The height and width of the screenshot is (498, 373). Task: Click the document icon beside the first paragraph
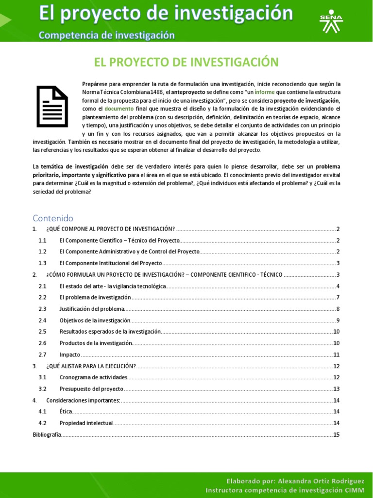point(52,107)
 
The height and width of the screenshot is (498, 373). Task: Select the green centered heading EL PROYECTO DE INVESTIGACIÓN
point(186,62)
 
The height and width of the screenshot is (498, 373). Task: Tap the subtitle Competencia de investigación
point(106,35)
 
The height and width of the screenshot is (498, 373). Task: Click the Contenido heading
point(52,218)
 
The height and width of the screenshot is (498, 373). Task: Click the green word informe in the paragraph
point(264,92)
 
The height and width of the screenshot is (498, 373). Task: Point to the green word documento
point(119,108)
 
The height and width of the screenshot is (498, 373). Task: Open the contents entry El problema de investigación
point(95,297)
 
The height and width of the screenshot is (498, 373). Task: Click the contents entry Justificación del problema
point(92,309)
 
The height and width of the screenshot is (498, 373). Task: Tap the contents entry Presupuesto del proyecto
point(91,389)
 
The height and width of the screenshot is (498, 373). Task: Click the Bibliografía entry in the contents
point(47,434)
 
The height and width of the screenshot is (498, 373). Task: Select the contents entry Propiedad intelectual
point(86,423)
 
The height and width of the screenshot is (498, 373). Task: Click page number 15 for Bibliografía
point(336,434)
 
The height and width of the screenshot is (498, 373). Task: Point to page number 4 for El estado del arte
point(338,286)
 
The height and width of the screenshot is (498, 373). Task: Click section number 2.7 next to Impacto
point(42,355)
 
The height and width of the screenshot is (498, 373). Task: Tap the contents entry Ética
point(66,411)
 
